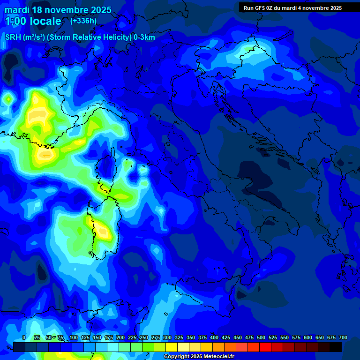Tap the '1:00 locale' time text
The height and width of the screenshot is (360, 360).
(33, 21)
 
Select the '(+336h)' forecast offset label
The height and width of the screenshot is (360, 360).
(83, 21)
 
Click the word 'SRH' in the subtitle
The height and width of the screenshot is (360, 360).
(14, 37)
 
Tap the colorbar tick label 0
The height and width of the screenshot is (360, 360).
(24, 338)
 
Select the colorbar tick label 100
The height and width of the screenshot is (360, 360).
(74, 338)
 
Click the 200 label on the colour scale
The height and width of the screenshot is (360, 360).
(120, 338)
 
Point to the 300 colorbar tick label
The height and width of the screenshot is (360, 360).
(167, 338)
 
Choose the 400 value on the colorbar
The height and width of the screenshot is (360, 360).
(214, 338)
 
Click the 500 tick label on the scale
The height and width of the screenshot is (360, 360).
(261, 338)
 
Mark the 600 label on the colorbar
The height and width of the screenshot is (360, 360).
(308, 338)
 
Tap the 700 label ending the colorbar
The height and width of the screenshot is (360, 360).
(343, 338)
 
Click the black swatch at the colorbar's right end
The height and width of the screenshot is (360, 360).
(336, 347)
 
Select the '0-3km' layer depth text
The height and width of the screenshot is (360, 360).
(144, 37)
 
